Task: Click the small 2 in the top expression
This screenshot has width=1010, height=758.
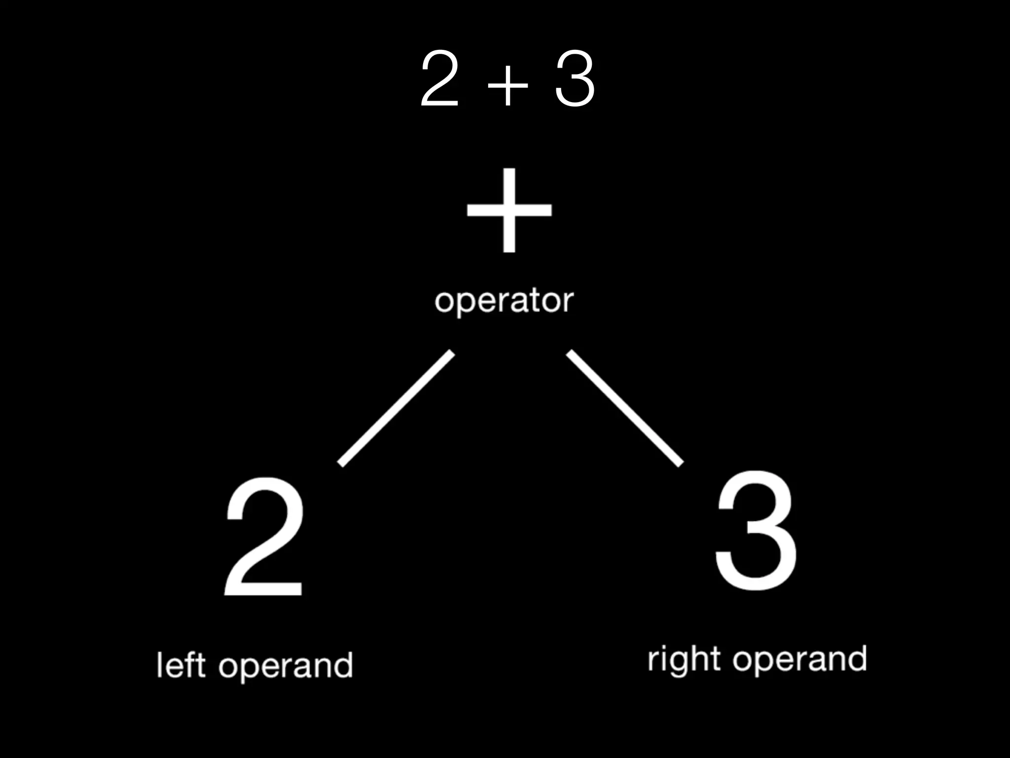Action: (x=439, y=80)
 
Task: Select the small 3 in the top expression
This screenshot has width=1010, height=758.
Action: (x=575, y=80)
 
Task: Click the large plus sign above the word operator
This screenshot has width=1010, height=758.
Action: (x=509, y=210)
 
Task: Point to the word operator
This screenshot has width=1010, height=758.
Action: (x=504, y=301)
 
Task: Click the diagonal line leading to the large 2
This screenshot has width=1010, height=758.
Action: (x=396, y=408)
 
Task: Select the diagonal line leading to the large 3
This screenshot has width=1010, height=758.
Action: (x=625, y=408)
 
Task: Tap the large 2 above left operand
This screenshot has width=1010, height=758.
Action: (x=264, y=538)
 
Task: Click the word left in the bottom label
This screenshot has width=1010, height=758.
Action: (x=180, y=665)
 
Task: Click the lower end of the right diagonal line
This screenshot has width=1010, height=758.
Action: (x=680, y=462)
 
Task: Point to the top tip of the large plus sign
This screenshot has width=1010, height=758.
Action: (x=509, y=170)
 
